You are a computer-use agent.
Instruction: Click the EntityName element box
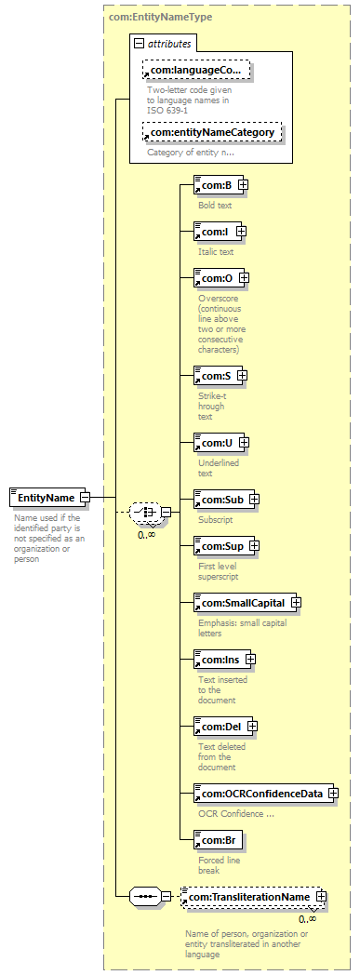(x=47, y=498)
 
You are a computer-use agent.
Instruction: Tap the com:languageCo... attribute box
(x=196, y=71)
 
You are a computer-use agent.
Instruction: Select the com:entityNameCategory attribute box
(x=212, y=132)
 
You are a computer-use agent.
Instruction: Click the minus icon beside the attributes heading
(x=140, y=44)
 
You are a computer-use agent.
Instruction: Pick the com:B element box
(x=215, y=184)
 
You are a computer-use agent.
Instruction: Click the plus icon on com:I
(x=241, y=232)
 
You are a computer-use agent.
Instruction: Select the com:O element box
(x=219, y=277)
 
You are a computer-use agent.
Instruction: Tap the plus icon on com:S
(x=243, y=376)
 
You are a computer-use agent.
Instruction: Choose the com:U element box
(x=219, y=443)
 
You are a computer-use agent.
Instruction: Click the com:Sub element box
(x=224, y=499)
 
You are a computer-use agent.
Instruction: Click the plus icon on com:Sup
(x=253, y=546)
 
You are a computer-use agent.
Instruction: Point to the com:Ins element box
(x=222, y=659)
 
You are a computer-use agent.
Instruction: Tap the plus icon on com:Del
(x=252, y=726)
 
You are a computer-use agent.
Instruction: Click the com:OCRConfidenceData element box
(x=263, y=794)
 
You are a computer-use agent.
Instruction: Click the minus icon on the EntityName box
(x=85, y=498)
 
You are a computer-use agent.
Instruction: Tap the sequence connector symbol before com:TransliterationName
(x=145, y=897)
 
